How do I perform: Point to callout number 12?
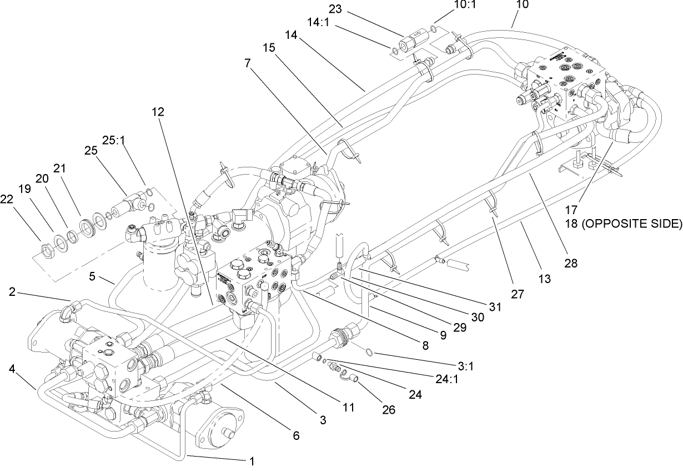tap(158, 112)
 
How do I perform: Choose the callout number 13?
tap(544, 279)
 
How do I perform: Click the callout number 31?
tap(494, 306)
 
